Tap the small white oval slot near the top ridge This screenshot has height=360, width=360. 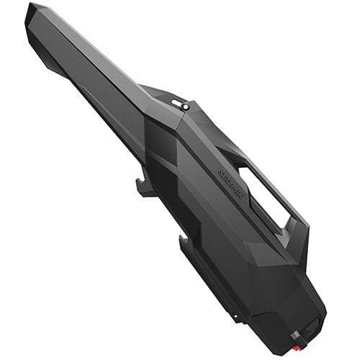(177, 103)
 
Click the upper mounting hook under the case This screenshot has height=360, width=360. (144, 188)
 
